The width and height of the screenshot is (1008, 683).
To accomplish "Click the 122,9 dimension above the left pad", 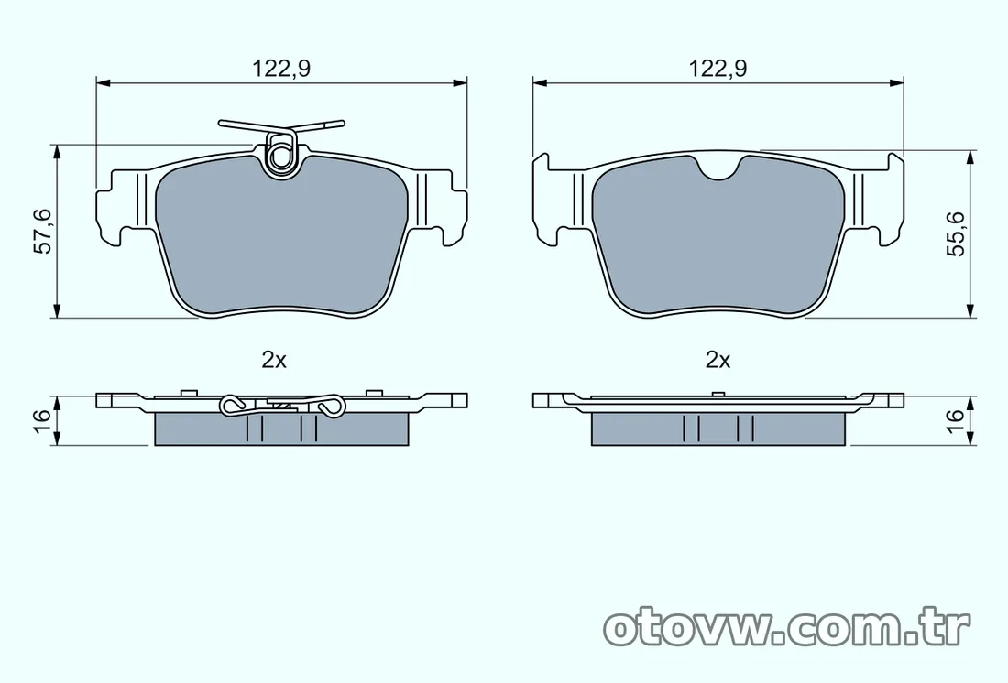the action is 281,68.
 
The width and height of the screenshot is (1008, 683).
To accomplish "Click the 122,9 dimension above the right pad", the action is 718,68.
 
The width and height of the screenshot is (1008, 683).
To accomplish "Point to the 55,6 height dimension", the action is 957,233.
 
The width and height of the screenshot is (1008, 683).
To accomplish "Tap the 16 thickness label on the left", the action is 42,415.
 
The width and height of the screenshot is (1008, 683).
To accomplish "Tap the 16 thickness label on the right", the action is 956,417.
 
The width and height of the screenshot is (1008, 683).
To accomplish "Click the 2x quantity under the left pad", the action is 274,361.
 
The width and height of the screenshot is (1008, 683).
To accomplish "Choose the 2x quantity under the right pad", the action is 718,361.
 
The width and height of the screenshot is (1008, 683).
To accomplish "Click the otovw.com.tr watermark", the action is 787,628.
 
